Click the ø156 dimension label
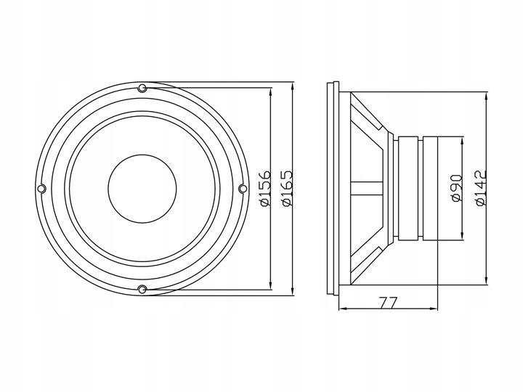(x=264, y=188)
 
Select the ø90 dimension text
(x=456, y=187)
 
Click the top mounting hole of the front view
(x=142, y=89)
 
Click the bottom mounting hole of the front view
(x=142, y=290)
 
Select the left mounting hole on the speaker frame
(x=41, y=189)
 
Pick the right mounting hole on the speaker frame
(x=243, y=189)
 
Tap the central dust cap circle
(x=142, y=189)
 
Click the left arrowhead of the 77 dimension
(x=343, y=310)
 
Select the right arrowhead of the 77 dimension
(x=437, y=310)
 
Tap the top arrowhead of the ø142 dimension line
(x=485, y=96)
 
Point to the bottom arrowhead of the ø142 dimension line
(x=485, y=282)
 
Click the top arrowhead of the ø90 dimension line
(x=461, y=139)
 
